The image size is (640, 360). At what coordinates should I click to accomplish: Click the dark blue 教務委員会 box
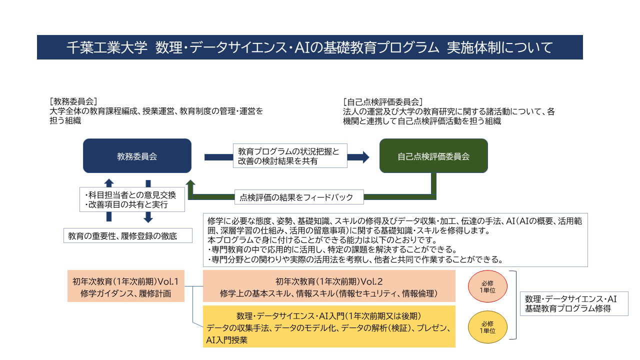click(x=137, y=155)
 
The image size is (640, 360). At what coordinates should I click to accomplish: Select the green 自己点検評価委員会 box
click(x=433, y=155)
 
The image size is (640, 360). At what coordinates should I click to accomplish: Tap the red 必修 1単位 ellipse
click(x=487, y=286)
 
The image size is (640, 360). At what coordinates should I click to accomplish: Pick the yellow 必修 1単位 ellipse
click(x=487, y=327)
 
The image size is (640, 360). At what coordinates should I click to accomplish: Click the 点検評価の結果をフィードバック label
click(x=299, y=197)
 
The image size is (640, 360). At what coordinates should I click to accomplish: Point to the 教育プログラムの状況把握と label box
click(x=290, y=155)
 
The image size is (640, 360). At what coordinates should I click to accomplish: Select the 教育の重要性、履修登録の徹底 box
click(x=127, y=235)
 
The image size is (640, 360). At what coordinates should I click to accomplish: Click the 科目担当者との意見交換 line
click(x=130, y=195)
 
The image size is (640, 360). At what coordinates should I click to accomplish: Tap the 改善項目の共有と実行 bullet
click(x=126, y=204)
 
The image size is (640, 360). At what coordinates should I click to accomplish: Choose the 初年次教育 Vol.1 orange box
click(x=125, y=286)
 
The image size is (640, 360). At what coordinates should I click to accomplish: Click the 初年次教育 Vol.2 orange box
click(x=329, y=286)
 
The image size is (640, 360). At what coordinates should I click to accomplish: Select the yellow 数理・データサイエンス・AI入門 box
click(x=329, y=326)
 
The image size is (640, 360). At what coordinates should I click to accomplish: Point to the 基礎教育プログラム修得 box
click(x=574, y=303)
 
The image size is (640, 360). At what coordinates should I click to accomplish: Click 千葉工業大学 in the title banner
click(x=107, y=47)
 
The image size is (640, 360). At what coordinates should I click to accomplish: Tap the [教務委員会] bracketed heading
click(x=73, y=101)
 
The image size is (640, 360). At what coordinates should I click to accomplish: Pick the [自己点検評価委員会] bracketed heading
click(x=383, y=101)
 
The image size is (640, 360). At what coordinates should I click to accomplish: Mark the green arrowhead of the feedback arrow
click(x=190, y=183)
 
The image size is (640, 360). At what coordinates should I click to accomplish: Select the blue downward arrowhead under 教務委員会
click(x=148, y=219)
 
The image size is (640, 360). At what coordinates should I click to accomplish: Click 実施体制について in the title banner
click(x=500, y=47)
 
